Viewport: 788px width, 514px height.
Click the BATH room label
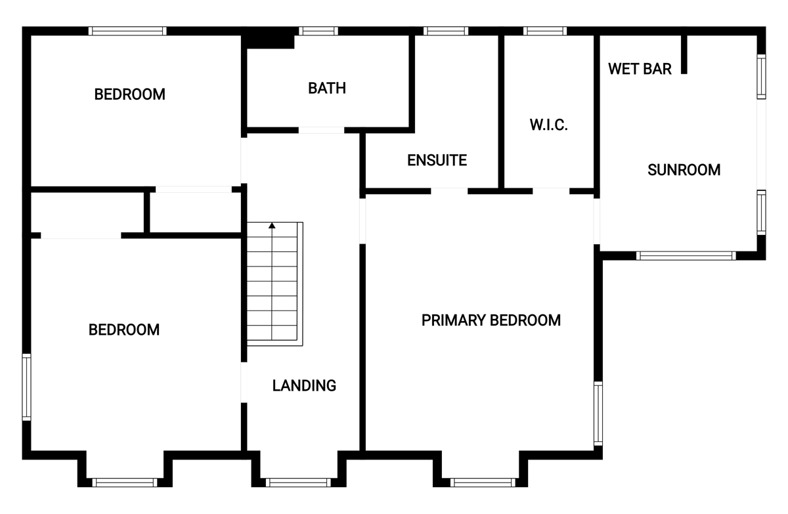click(327, 88)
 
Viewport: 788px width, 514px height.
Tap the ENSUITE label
click(437, 160)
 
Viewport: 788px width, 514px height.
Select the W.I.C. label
click(548, 125)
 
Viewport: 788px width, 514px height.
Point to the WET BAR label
click(640, 69)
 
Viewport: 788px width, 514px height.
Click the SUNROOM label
click(684, 170)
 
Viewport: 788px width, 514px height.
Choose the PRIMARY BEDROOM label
click(491, 320)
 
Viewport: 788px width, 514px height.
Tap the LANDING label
click(304, 386)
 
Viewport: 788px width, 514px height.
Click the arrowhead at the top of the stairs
click(272, 226)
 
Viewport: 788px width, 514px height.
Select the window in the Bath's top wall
click(318, 31)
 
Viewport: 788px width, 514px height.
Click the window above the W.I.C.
click(545, 31)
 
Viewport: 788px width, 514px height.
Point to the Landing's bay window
click(298, 482)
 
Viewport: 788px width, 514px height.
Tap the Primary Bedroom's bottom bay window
click(483, 482)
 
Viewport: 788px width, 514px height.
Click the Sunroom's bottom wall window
click(686, 255)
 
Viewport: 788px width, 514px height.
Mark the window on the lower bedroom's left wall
click(27, 387)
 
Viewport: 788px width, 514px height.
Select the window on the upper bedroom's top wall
click(127, 31)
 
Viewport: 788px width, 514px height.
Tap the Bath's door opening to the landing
click(321, 131)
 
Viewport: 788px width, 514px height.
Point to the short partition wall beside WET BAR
click(684, 53)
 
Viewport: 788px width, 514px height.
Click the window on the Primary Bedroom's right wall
click(598, 414)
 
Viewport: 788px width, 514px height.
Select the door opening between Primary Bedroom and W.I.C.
click(551, 191)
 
